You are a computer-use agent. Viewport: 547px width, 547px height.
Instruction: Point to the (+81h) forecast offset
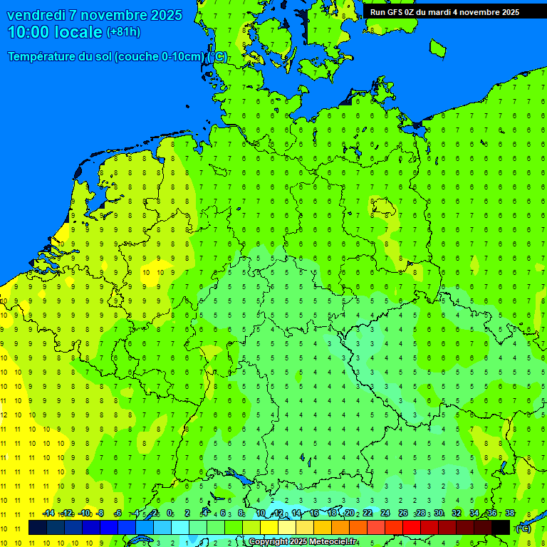pyautogui.click(x=123, y=32)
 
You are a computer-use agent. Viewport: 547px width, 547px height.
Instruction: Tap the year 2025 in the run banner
pyautogui.click(x=507, y=12)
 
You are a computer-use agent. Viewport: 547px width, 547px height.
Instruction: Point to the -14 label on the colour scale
pyautogui.click(x=48, y=513)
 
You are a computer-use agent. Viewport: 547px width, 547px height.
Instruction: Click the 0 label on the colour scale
pyautogui.click(x=170, y=513)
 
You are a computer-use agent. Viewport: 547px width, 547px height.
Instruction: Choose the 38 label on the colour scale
pyautogui.click(x=510, y=513)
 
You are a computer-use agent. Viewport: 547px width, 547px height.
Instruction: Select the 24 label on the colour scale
pyautogui.click(x=385, y=513)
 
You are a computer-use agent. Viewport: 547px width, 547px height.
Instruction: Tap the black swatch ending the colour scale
pyautogui.click(x=501, y=528)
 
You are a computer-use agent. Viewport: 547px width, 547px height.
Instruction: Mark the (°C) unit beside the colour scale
pyautogui.click(x=523, y=528)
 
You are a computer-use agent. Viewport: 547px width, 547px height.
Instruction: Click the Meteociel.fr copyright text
pyautogui.click(x=303, y=542)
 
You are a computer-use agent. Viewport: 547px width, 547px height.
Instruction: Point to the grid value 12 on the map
pyautogui.click(x=4, y=415)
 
